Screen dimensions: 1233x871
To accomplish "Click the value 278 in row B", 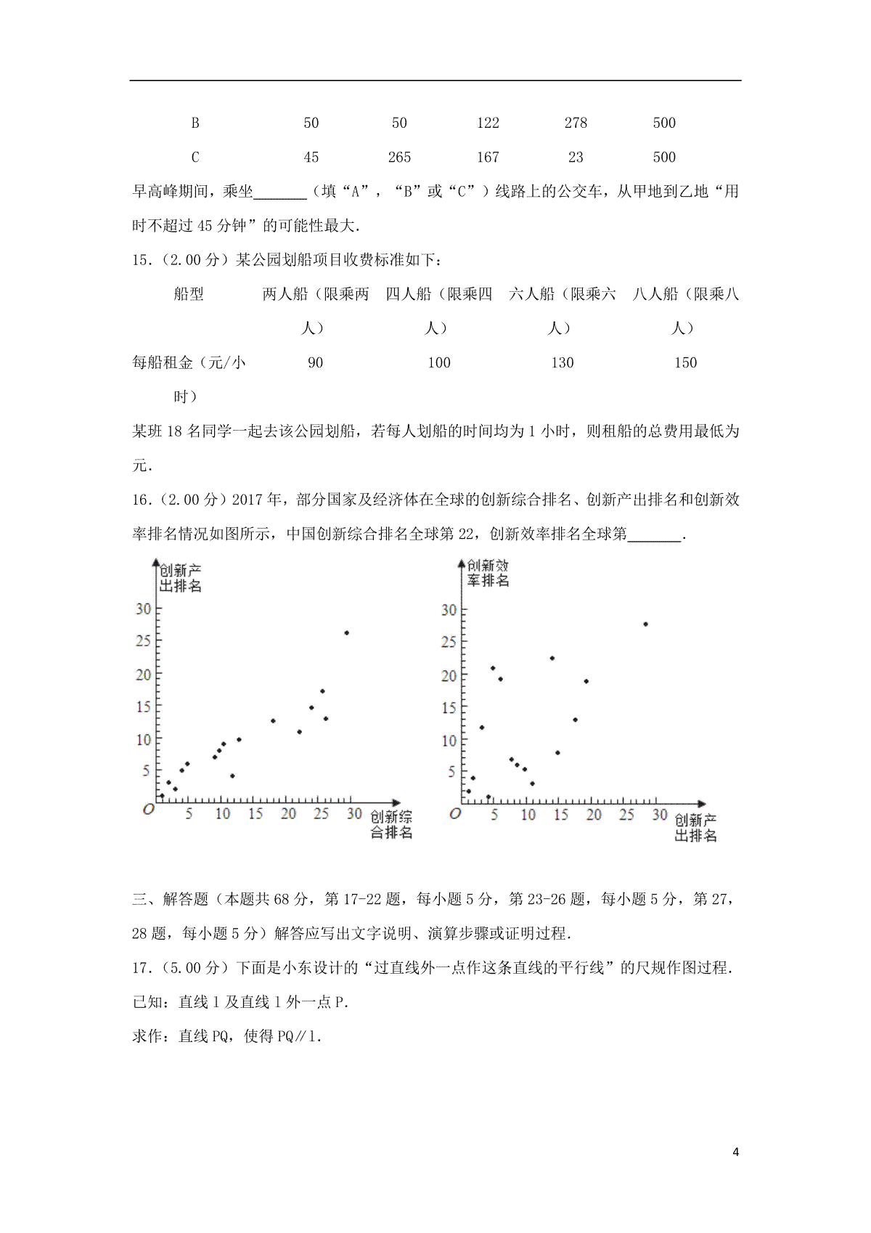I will click(x=576, y=123).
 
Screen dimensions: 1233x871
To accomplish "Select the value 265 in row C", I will click(x=399, y=158).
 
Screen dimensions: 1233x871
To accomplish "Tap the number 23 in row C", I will click(x=576, y=158).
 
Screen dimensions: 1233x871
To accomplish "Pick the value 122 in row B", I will click(x=488, y=123).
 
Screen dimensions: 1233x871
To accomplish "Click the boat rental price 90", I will click(x=315, y=363).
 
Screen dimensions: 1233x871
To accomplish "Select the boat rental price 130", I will click(x=563, y=363).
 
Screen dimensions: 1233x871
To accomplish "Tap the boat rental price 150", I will click(x=685, y=363).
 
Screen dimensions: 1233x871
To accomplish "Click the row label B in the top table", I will click(x=195, y=123).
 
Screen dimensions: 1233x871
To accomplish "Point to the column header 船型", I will click(x=189, y=294).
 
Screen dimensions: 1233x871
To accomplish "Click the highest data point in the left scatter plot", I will click(x=346, y=633).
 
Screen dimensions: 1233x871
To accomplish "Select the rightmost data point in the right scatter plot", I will click(x=645, y=624).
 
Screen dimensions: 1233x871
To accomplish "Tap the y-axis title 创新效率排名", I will click(x=488, y=573).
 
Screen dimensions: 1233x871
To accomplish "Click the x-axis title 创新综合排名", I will click(x=391, y=825).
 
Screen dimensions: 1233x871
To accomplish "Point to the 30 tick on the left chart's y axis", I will click(x=143, y=609).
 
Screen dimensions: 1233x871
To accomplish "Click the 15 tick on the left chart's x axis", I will click(x=255, y=814).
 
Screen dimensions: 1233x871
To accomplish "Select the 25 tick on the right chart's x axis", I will click(x=626, y=815).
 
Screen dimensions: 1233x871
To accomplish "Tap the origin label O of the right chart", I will click(x=455, y=814).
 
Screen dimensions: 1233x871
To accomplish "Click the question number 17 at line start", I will click(x=139, y=968).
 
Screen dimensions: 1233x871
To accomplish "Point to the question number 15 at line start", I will click(x=139, y=260).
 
